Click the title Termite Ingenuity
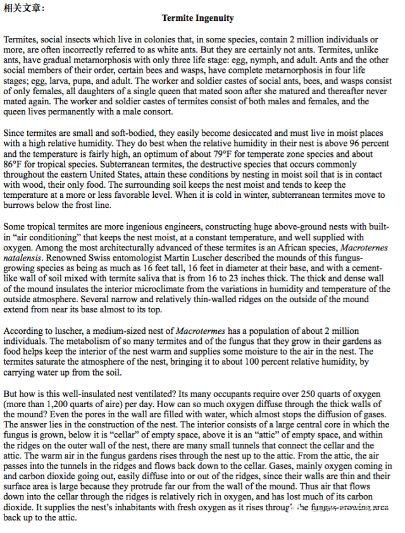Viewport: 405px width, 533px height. click(x=197, y=18)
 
